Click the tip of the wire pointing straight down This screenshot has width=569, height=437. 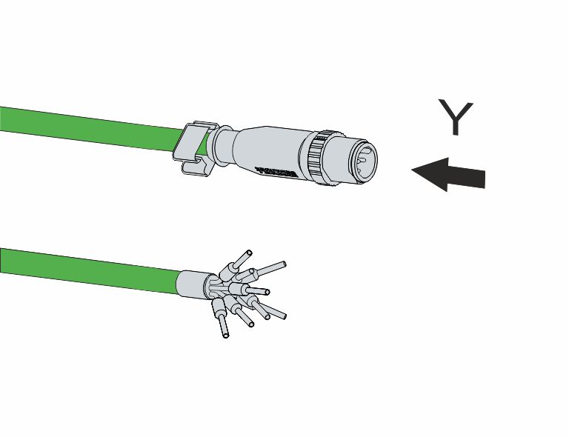point(225,335)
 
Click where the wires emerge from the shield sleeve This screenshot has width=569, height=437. point(212,286)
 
